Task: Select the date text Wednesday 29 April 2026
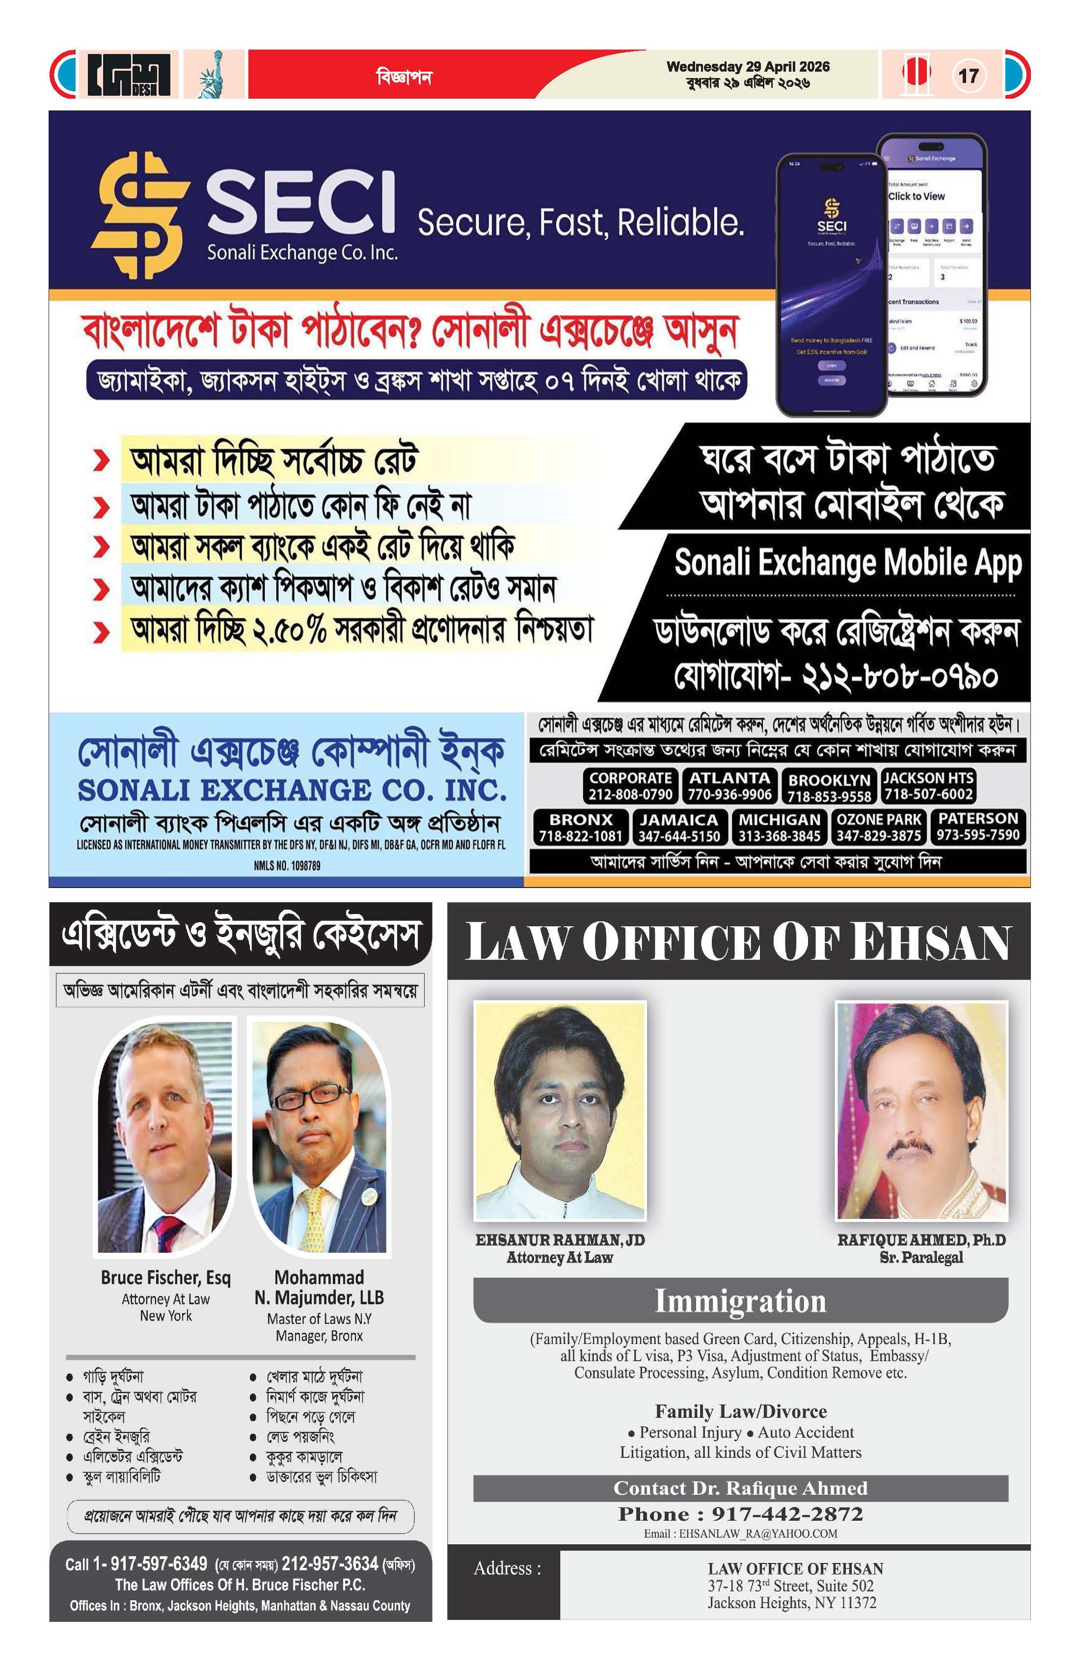pos(748,67)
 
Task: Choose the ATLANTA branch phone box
pos(729,785)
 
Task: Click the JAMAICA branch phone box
pos(679,827)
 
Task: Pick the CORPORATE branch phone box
pos(630,785)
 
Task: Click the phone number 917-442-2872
pos(787,1514)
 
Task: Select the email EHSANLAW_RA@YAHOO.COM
pos(757,1534)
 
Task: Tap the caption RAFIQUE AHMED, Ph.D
pos(921,1240)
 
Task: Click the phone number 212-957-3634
pos(329,1564)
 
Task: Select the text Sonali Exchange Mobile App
pos(847,563)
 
